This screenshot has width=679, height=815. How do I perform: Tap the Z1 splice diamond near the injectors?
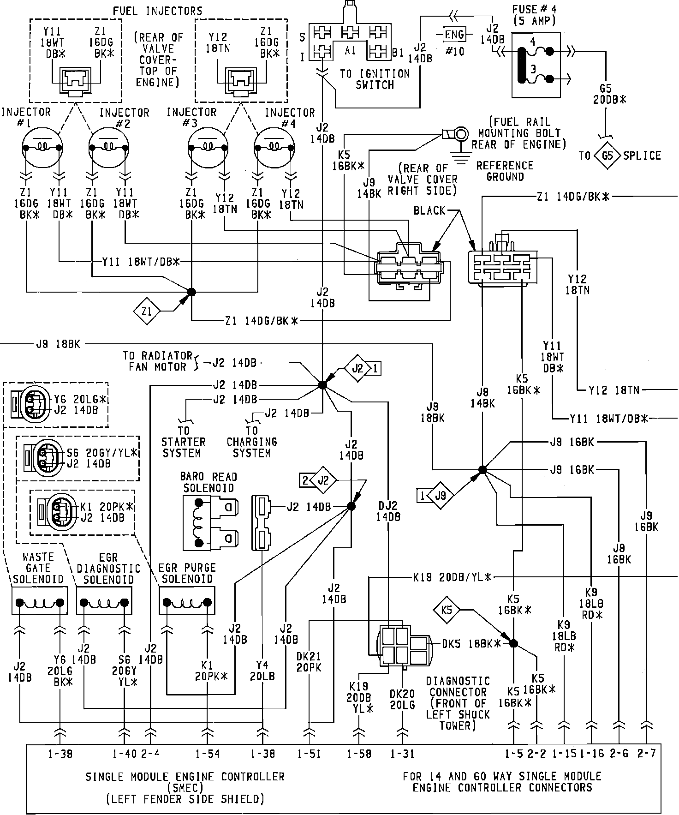(x=147, y=312)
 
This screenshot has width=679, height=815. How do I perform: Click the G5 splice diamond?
(x=608, y=156)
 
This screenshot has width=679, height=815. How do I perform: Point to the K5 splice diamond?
(x=447, y=611)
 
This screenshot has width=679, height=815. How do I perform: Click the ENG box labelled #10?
(x=454, y=35)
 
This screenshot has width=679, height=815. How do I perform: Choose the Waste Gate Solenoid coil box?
(x=40, y=601)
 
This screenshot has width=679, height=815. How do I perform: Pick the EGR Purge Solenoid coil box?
(x=187, y=601)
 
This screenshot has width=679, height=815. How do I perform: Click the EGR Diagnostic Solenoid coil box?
(x=104, y=601)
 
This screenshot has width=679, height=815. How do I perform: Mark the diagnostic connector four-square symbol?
(x=394, y=646)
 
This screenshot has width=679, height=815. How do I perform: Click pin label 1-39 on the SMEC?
(x=60, y=754)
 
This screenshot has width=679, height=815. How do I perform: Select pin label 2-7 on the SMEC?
(x=646, y=754)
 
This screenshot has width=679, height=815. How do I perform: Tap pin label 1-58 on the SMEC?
(x=359, y=754)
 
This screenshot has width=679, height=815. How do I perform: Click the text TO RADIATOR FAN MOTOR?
(x=157, y=361)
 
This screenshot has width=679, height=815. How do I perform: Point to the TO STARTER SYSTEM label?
(x=183, y=442)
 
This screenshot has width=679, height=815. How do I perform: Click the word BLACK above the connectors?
(x=429, y=211)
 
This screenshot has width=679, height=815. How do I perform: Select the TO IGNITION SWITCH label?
(x=375, y=79)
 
